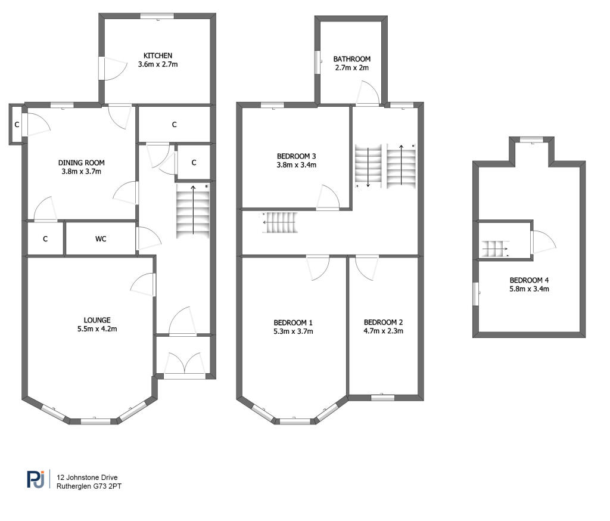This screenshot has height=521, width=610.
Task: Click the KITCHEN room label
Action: coord(157,55)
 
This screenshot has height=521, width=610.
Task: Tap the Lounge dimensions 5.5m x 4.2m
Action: coord(97,328)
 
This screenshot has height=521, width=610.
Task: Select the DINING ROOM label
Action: coord(81,163)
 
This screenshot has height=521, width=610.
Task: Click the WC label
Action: coord(101,238)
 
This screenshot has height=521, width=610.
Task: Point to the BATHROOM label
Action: coord(351,59)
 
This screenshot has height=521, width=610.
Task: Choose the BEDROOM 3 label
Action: coord(297,156)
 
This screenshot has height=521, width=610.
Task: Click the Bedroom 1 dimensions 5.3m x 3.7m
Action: coord(293,331)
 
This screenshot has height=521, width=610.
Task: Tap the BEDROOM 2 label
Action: coord(383,322)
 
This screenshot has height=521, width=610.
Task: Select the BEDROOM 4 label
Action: coord(529,280)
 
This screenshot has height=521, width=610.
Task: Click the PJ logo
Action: coord(36,479)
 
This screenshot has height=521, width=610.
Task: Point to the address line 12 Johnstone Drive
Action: coord(87,477)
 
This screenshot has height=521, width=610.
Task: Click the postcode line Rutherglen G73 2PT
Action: coord(89,486)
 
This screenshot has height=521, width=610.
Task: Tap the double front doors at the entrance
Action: coord(185,364)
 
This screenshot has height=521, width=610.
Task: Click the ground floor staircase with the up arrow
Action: coord(193,211)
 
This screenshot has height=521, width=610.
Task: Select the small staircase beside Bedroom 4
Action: coord(496,249)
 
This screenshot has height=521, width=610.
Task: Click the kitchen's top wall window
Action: coord(157,15)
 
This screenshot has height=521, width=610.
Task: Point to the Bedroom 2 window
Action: coord(383,398)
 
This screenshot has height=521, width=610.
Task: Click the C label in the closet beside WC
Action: coord(45,238)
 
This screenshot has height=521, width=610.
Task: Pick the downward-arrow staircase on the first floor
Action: coord(368,166)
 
